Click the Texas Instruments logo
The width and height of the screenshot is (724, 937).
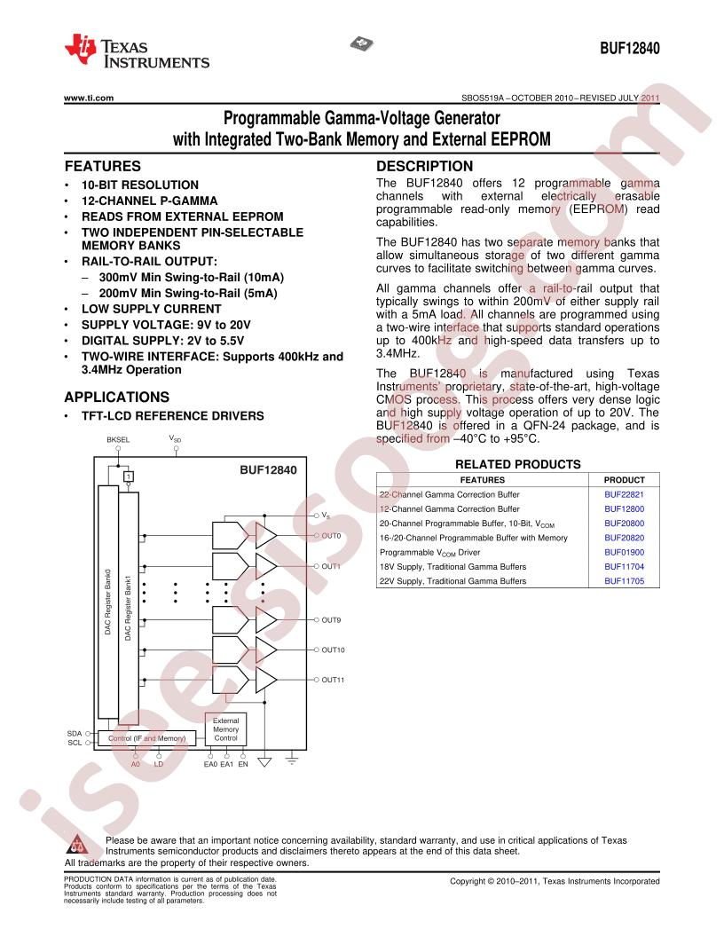coord(137,51)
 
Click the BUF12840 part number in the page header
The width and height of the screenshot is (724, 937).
coord(630,49)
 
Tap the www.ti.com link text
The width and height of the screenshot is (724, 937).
coord(89,98)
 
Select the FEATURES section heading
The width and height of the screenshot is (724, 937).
coord(103,166)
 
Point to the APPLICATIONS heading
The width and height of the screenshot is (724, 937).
coord(117,397)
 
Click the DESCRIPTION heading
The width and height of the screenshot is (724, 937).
coord(424,166)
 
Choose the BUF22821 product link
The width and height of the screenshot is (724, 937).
coord(624,494)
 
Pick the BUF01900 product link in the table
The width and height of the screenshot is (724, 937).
coord(624,552)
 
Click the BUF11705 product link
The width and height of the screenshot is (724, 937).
coord(624,581)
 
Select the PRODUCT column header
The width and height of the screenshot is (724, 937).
coord(624,480)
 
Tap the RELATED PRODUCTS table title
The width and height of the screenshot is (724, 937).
coord(517,464)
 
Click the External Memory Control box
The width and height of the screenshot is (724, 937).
coord(225,729)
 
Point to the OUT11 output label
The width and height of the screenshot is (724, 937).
coord(333,680)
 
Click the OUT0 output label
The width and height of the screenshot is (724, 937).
coord(331,535)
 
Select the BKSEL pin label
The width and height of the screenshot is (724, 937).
coord(118,440)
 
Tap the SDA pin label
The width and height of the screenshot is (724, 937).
coord(74,733)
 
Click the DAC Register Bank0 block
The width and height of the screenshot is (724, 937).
coord(108,602)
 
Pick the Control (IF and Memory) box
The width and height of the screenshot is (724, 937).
coord(147,738)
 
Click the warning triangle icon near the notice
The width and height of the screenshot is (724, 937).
coord(77,844)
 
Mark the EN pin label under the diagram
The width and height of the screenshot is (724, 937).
coord(242,764)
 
